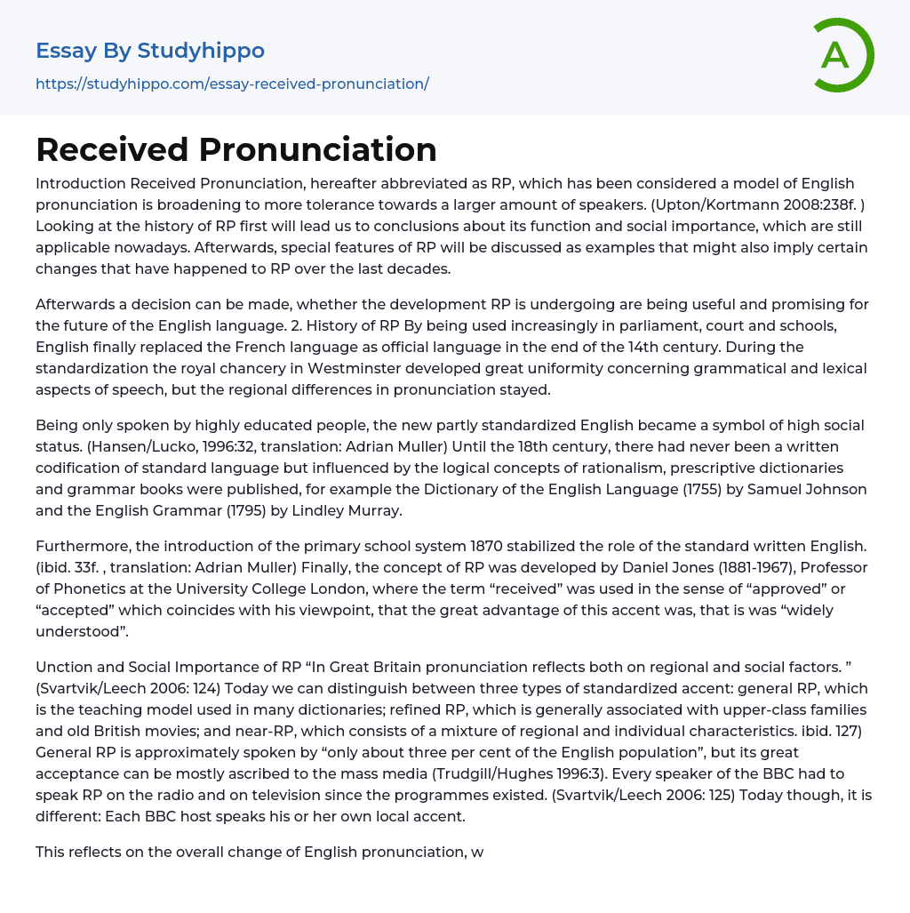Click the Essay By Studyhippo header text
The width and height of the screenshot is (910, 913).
coord(150,51)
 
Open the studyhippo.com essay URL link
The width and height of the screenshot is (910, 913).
coord(232,84)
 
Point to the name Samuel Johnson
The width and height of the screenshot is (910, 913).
coord(810,489)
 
